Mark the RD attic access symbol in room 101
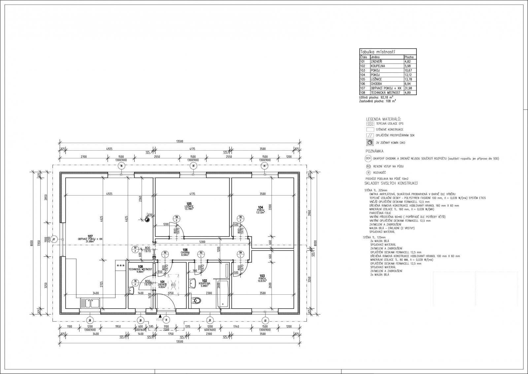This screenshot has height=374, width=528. pyautogui.click(x=173, y=283)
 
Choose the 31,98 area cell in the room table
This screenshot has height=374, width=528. pyautogui.click(x=410, y=88)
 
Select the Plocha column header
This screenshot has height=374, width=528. pyautogui.click(x=410, y=57)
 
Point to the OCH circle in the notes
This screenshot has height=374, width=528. pyautogui.click(x=369, y=159)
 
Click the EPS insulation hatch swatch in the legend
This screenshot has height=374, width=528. pyautogui.click(x=370, y=123)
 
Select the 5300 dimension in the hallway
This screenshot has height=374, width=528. pyautogui.click(x=202, y=242)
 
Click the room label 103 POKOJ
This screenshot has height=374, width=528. pyautogui.click(x=262, y=277)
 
